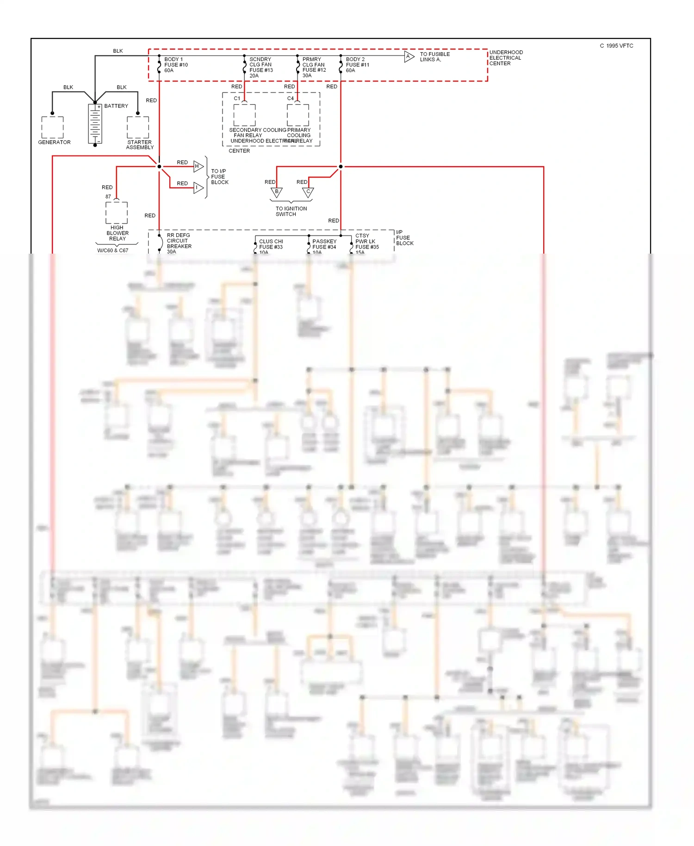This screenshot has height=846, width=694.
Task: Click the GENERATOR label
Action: (54, 142)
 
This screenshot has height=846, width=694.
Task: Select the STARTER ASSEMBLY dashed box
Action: (138, 127)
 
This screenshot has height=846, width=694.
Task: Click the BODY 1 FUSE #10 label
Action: (176, 65)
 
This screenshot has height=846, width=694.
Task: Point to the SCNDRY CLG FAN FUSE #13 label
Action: (261, 68)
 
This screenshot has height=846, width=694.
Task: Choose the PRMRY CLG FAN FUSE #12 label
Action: (314, 68)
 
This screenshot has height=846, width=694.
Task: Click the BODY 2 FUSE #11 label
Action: (357, 65)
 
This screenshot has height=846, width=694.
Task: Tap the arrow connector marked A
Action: (409, 56)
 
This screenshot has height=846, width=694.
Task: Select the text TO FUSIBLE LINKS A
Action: (434, 57)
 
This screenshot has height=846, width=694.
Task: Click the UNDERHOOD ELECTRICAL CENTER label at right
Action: (506, 58)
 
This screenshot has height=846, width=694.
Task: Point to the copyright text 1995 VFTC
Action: (616, 46)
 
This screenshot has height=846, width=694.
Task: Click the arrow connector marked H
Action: (198, 166)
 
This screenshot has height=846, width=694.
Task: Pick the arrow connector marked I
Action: (198, 187)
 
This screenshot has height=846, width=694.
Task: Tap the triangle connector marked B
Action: (277, 192)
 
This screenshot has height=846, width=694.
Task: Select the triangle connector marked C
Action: (308, 192)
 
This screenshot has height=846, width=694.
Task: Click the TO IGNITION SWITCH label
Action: (291, 211)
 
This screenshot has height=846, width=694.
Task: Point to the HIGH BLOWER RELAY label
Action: (117, 233)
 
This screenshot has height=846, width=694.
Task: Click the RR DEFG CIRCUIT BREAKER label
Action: (179, 243)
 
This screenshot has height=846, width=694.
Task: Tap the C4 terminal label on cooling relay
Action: (290, 98)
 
